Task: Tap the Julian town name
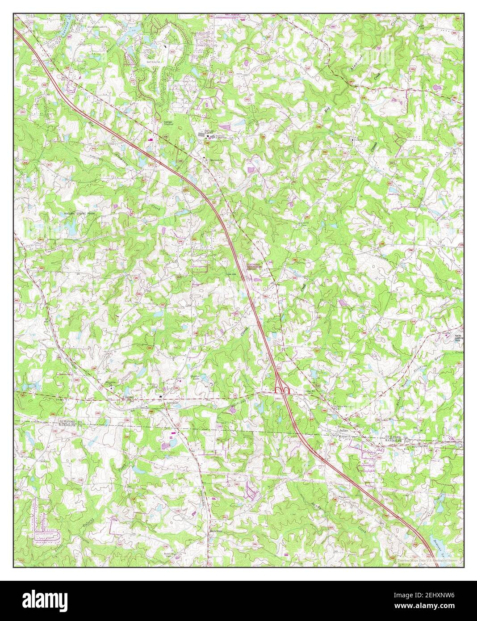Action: (x=342, y=430)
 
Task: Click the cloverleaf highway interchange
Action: (x=282, y=390)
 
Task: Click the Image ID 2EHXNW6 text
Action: (x=430, y=596)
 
